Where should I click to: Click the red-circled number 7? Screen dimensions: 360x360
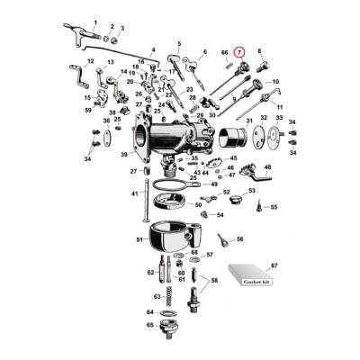239,52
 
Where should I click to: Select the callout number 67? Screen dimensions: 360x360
274,266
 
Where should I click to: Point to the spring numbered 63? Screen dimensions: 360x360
168,295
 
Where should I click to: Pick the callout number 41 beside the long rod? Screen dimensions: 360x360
133,193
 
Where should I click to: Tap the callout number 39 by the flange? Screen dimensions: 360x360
125,154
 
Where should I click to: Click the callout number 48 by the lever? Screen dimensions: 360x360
267,167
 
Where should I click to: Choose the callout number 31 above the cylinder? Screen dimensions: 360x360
248,119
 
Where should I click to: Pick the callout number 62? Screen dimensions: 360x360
149,271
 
